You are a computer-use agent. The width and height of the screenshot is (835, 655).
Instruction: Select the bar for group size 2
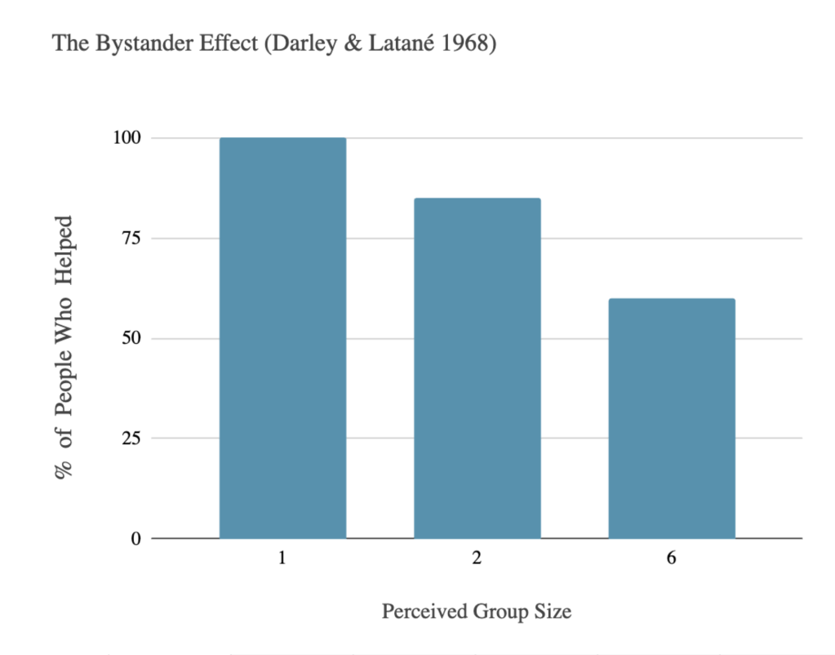477,368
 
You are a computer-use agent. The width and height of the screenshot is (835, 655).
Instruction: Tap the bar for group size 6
671,418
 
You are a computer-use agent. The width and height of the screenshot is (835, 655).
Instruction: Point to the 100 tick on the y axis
127,138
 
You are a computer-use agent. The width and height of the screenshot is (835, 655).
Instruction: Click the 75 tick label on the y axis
131,238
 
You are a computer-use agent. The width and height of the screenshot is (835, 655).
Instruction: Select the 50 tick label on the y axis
131,338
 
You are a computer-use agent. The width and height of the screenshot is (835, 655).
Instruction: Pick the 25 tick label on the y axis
131,439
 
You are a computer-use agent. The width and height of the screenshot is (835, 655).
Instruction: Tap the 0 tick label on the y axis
136,539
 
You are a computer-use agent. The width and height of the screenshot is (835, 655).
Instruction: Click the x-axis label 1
282,559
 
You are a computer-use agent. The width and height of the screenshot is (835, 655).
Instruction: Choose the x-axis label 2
477,559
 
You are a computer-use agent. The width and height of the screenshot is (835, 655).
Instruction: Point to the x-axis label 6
671,559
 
